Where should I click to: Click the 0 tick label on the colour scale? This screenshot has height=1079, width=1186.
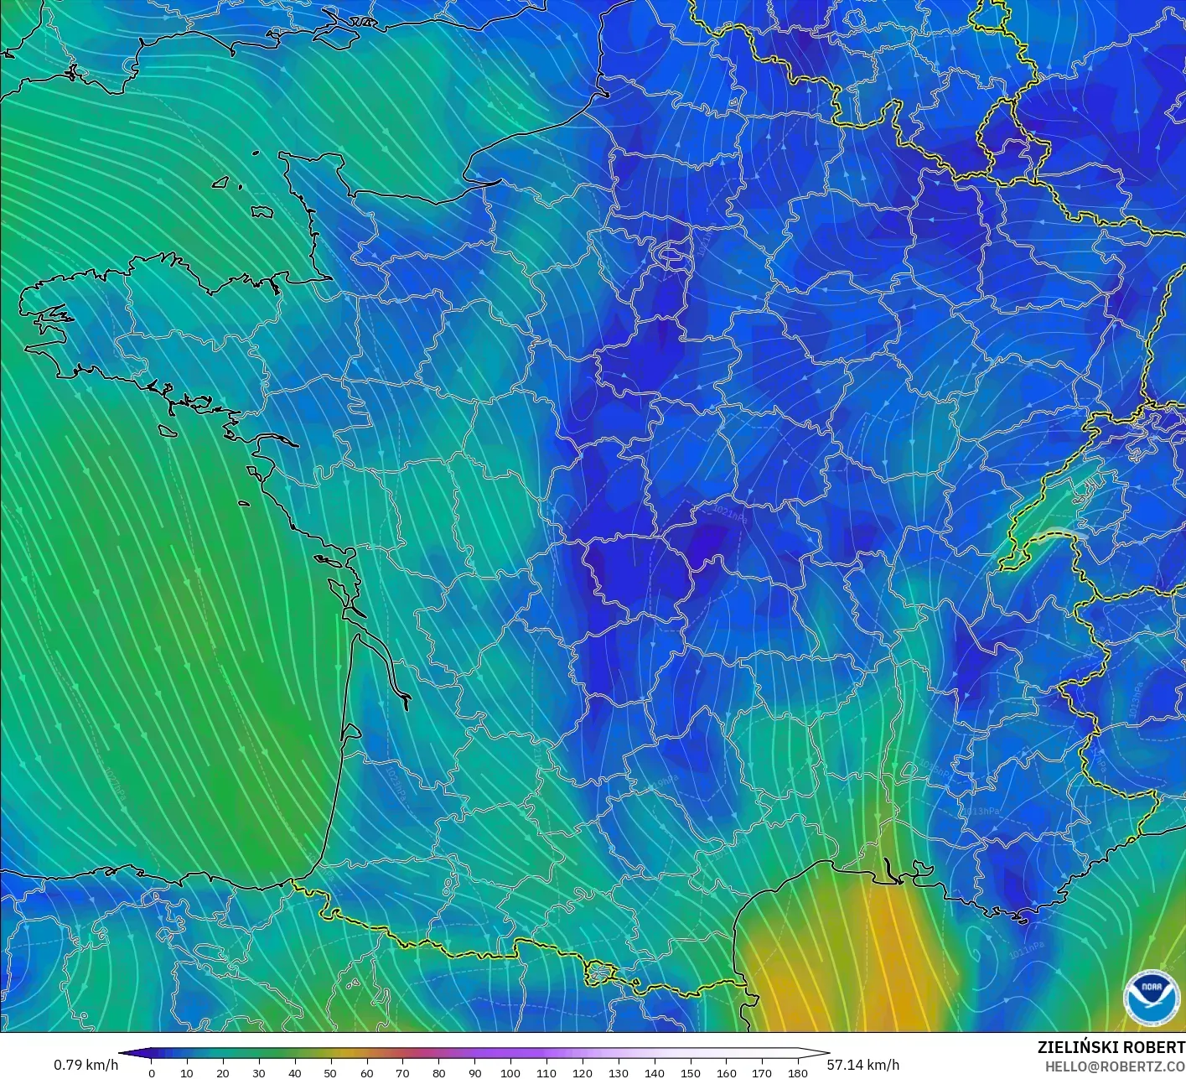[151, 1073]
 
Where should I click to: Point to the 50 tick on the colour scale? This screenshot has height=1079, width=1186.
[331, 1073]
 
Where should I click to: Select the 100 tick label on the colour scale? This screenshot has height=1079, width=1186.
[510, 1073]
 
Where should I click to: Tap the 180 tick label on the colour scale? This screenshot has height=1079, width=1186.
[798, 1073]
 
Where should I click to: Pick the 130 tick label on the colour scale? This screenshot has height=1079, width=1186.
[619, 1073]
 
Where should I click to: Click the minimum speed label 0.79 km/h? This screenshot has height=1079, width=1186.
[85, 1065]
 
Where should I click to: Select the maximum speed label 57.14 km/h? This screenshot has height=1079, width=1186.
[862, 1065]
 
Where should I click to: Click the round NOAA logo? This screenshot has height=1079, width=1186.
[1151, 998]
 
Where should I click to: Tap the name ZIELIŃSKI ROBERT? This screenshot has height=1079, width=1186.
[1111, 1047]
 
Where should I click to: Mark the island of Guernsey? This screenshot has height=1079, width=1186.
[221, 182]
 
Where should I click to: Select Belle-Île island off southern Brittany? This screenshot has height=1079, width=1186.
[168, 430]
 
